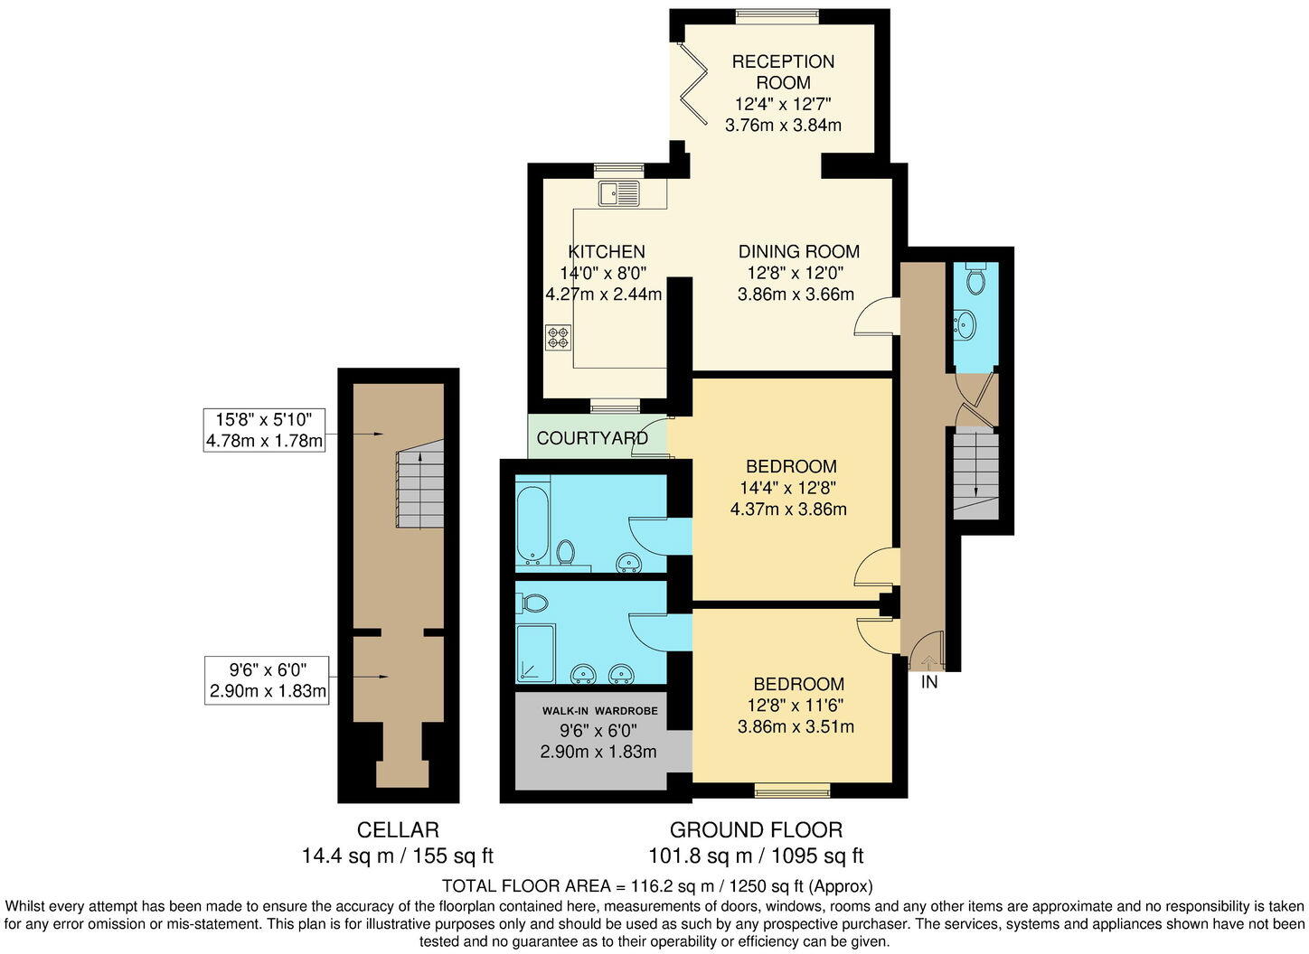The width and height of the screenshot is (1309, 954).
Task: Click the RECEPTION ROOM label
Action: (783, 72)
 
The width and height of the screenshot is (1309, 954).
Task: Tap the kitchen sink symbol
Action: (618, 192)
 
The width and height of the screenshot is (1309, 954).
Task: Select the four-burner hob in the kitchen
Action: (558, 337)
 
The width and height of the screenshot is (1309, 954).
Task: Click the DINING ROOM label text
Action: (798, 252)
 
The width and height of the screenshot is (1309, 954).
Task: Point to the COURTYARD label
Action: (591, 438)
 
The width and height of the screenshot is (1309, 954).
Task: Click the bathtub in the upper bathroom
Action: (531, 524)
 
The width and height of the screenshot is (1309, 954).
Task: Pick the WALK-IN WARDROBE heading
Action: (600, 711)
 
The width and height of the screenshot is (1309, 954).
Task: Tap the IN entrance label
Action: (928, 683)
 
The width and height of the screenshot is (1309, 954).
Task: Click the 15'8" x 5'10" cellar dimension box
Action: (264, 430)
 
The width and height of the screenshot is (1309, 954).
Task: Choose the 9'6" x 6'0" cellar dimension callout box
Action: (267, 681)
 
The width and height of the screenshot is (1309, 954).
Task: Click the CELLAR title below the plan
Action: (398, 829)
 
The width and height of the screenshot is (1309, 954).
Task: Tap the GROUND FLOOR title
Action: (756, 829)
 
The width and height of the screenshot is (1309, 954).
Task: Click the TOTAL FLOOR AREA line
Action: (657, 886)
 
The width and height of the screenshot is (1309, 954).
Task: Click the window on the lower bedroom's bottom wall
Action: (792, 792)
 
